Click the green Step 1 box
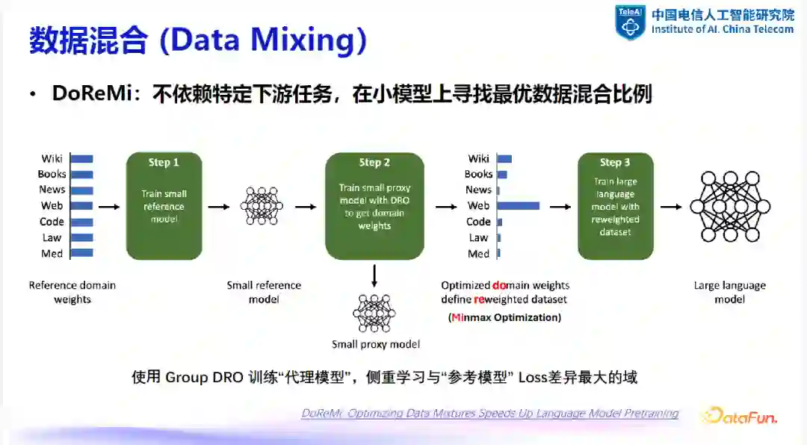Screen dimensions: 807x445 tap(164, 205)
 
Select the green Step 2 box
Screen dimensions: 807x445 tap(374, 205)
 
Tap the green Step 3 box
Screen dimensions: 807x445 tap(615, 205)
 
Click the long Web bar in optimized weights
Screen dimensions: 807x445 tap(518, 205)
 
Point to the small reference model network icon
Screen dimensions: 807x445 tap(262, 205)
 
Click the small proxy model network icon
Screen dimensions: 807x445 tap(374, 313)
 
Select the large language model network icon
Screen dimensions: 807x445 tap(729, 206)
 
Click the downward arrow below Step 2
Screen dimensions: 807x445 tap(374, 276)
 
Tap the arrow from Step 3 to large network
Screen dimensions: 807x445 tap(672, 207)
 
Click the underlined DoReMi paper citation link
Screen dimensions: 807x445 tap(489, 414)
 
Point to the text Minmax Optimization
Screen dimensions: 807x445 tap(505, 317)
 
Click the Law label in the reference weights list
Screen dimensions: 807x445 tap(52, 237)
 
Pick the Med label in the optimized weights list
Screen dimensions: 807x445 tap(478, 254)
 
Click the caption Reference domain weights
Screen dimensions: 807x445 tap(72, 292)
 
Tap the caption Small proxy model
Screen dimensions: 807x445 tap(376, 344)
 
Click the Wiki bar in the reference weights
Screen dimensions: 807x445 tap(81, 158)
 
